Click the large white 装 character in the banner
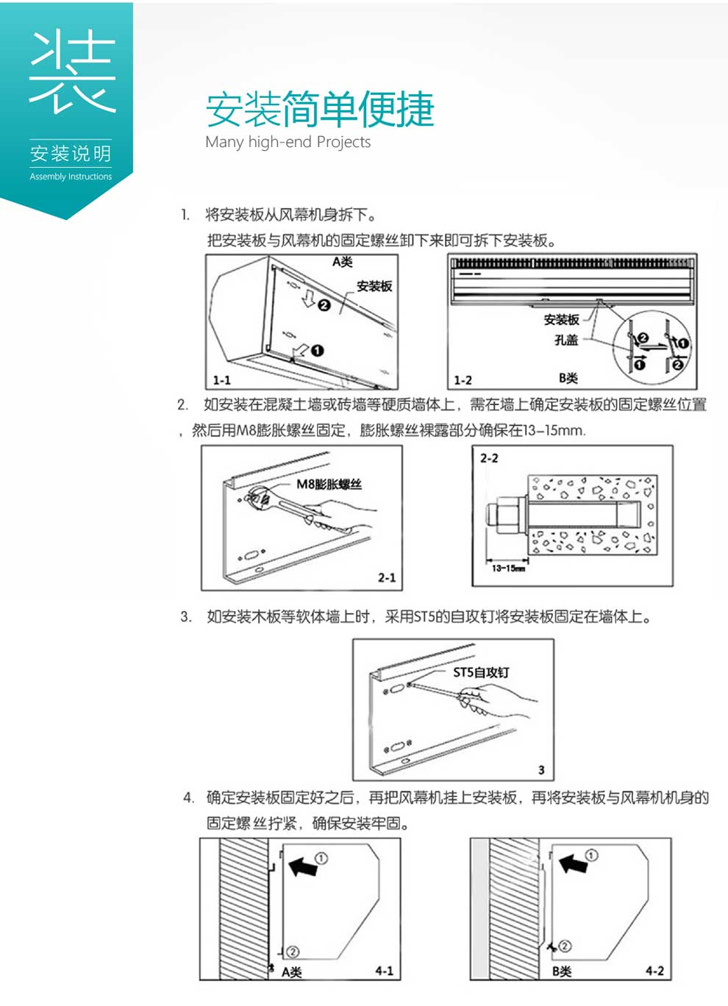[x=71, y=71]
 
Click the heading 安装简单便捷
[x=319, y=109]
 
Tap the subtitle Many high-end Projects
[x=288, y=142]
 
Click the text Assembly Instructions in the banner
[x=71, y=176]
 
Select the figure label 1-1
[x=221, y=380]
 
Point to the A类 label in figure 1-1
[x=342, y=262]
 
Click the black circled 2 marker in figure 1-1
[x=324, y=304]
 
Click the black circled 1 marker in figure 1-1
[x=317, y=351]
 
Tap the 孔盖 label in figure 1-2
[x=565, y=340]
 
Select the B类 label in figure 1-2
[x=568, y=378]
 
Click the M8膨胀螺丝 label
[x=329, y=483]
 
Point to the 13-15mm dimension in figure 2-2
[x=507, y=568]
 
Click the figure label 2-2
[x=489, y=458]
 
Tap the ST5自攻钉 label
[x=481, y=672]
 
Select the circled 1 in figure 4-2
[x=591, y=855]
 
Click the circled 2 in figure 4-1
[x=291, y=952]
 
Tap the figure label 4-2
[x=654, y=971]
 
